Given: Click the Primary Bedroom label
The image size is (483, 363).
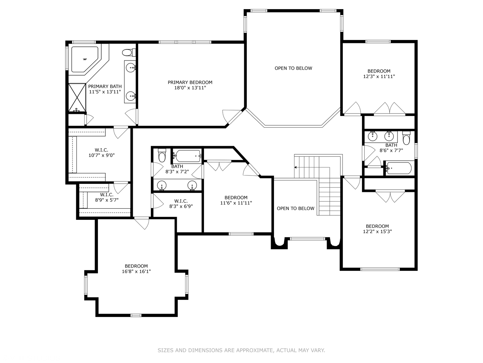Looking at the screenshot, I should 190,82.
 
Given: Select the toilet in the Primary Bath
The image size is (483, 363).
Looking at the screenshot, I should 128,52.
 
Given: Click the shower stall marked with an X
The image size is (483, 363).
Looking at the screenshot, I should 77,97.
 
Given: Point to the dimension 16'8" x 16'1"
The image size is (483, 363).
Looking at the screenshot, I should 136,271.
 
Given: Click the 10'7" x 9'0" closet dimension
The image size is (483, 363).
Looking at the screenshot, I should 101,155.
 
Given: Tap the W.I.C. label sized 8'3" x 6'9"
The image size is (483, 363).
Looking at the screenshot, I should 181,201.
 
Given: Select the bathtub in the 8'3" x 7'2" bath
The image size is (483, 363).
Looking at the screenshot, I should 187,156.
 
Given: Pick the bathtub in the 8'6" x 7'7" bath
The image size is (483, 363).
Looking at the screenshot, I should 398,168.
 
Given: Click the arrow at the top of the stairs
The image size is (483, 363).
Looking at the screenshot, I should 296,167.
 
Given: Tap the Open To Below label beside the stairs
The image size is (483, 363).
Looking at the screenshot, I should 296,208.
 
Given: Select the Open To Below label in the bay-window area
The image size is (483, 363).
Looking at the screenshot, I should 293,68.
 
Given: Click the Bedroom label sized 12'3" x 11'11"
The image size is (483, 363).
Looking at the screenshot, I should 379,71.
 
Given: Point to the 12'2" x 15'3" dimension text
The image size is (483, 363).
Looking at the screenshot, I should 377,231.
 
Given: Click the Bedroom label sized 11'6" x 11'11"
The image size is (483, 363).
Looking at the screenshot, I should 236,198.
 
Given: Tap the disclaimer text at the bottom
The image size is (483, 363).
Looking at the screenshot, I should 241,350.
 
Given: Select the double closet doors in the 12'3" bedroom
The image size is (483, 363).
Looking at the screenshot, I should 389,109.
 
